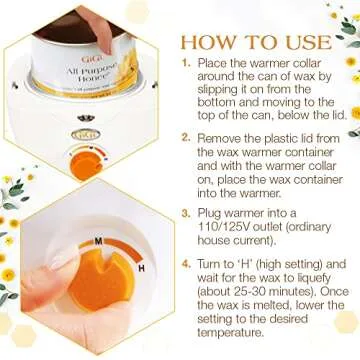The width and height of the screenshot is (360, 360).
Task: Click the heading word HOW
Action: coord(207,44)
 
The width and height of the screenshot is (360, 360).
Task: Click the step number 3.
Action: coord(185,212)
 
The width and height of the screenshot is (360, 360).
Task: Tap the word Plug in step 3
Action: coord(213,212)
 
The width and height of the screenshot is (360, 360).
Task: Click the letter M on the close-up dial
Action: coord(99,241)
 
